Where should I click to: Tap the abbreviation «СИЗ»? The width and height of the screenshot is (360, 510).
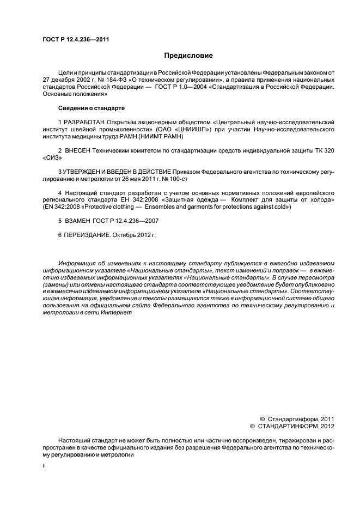(x=52, y=157)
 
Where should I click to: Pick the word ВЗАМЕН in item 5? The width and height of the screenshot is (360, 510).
(x=80, y=222)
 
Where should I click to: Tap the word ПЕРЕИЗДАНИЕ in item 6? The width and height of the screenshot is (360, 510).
(x=88, y=236)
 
